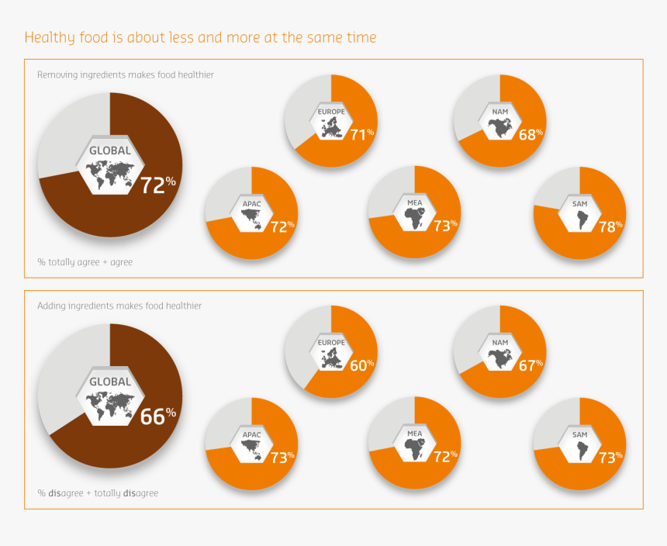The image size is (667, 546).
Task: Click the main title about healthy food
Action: [200, 37]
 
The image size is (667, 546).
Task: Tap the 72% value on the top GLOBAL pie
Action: [157, 185]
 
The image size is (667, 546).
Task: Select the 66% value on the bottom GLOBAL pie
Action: [157, 416]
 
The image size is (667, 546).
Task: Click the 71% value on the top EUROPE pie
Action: [361, 135]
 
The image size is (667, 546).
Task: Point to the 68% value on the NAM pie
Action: [530, 134]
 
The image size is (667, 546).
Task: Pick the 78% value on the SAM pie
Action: [610, 226]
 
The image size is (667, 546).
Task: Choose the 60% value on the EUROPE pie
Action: [361, 365]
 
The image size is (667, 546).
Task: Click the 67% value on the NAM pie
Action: [530, 365]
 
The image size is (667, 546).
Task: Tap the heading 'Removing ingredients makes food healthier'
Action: [126, 75]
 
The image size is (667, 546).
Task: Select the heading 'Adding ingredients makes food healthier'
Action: [119, 306]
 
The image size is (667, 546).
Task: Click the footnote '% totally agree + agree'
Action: [85, 262]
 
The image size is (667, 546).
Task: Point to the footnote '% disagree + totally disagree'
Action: [98, 492]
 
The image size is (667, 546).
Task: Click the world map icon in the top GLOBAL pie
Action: [109, 174]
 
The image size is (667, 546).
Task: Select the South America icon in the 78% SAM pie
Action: [580, 221]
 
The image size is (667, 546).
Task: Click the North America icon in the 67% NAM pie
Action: [499, 358]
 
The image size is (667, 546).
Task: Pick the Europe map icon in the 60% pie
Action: [331, 358]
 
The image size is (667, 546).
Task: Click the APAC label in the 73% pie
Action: [251, 434]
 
